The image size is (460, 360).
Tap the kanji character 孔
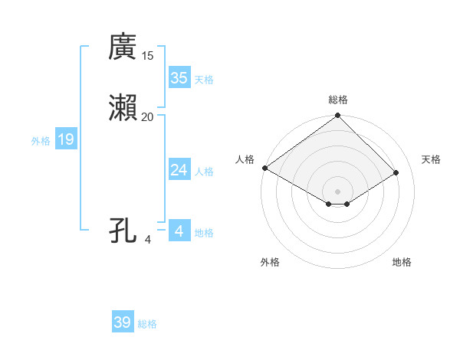pyautogui.click(x=123, y=230)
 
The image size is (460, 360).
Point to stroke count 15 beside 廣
pyautogui.click(x=148, y=56)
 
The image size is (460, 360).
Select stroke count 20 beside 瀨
pyautogui.click(x=147, y=116)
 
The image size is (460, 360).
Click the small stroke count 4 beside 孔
pyautogui.click(x=148, y=240)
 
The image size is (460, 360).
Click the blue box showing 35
pyautogui.click(x=179, y=77)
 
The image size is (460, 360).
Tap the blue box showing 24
pyautogui.click(x=179, y=170)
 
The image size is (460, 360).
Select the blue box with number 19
pyautogui.click(x=66, y=139)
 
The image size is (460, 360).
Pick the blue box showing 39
pyautogui.click(x=123, y=322)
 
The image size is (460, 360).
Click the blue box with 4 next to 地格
pyautogui.click(x=179, y=231)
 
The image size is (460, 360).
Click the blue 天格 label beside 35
pyautogui.click(x=204, y=79)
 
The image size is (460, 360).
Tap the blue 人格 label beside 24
pyautogui.click(x=204, y=172)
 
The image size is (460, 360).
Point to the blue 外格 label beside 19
pyautogui.click(x=40, y=141)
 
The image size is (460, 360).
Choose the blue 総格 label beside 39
pyautogui.click(x=147, y=324)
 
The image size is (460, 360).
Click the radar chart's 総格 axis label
pyautogui.click(x=338, y=100)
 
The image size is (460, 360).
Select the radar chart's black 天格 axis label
pyautogui.click(x=431, y=159)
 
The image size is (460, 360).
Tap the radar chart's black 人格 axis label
pyautogui.click(x=245, y=159)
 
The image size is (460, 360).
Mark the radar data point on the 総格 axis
pyautogui.click(x=338, y=116)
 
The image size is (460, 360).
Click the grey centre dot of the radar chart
pyautogui.click(x=338, y=191)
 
